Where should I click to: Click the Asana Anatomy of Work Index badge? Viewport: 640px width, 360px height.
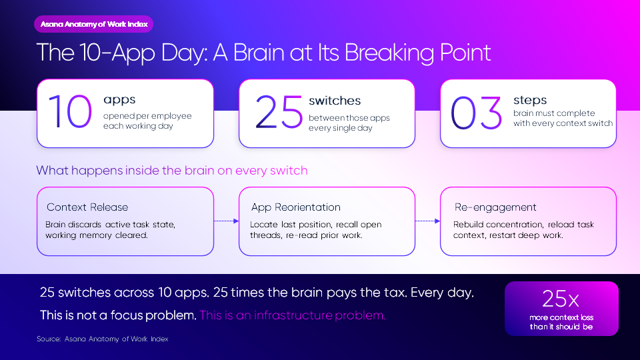click(x=94, y=24)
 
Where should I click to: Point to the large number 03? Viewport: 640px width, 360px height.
click(x=476, y=113)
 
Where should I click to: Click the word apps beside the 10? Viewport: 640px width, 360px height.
click(x=119, y=100)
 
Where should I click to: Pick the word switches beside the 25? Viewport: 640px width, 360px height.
click(x=335, y=101)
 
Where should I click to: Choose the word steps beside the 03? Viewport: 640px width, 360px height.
click(x=530, y=100)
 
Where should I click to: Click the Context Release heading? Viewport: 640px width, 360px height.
click(x=87, y=207)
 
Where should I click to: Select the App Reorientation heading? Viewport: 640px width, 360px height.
click(x=296, y=207)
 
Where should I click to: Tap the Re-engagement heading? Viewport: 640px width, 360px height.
click(x=495, y=207)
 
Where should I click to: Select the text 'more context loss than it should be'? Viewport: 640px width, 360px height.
click(x=561, y=322)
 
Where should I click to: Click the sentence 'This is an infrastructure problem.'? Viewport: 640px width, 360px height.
click(x=293, y=315)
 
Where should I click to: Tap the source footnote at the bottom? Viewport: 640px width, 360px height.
click(x=103, y=339)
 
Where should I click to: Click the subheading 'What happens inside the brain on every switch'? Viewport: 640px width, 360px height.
click(x=172, y=170)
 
